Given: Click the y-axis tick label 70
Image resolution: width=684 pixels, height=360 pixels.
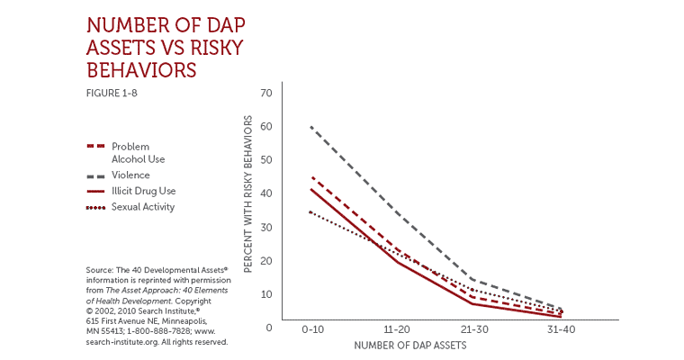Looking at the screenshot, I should coord(265,93).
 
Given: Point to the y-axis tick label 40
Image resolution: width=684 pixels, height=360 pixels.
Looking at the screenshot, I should coord(265,193).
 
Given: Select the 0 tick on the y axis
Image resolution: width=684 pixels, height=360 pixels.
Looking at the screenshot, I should coord(269,328).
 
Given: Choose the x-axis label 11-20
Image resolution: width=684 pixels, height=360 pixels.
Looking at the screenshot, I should coord(395,331).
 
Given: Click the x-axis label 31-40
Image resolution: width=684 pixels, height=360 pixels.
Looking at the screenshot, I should coord(561,331).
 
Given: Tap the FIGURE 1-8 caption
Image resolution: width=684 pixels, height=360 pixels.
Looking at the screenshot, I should coord(112,92).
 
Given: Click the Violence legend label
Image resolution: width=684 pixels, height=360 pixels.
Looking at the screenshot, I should coord(130,175).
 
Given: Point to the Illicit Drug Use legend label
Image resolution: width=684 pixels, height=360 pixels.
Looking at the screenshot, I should coord(142,191).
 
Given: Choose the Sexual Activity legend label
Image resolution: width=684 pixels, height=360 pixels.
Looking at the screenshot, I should coord(143,207).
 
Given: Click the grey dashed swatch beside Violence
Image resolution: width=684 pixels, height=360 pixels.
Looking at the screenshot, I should coord(96,175).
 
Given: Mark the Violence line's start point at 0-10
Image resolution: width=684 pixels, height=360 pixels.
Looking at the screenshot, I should coord(310,127).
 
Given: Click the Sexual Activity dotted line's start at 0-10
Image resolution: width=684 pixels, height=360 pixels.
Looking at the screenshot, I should coord(310,211).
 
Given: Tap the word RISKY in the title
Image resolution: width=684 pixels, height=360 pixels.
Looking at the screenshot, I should coord(195,46).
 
